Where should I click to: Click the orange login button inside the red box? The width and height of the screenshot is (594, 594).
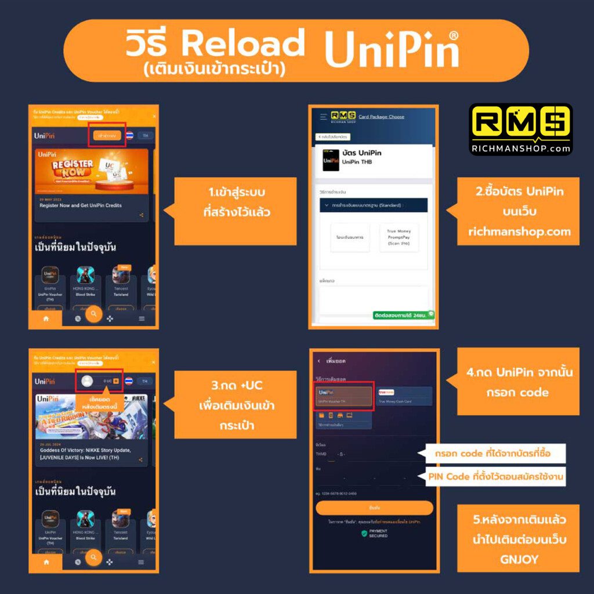click(x=106, y=135)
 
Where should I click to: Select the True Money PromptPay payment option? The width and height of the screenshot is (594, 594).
click(x=399, y=237)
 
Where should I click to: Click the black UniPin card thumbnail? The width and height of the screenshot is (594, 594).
click(x=331, y=160)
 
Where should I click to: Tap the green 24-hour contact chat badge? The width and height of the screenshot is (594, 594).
click(x=404, y=315)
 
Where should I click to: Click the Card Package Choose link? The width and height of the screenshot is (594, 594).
click(x=381, y=117)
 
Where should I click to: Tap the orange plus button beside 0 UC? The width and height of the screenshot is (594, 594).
click(x=116, y=381)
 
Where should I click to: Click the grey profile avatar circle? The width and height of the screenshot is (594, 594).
click(x=88, y=381)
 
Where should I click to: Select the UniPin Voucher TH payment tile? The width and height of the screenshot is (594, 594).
click(x=343, y=396)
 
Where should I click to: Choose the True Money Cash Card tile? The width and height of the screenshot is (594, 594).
click(x=404, y=396)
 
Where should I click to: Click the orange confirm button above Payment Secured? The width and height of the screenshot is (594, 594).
click(x=374, y=508)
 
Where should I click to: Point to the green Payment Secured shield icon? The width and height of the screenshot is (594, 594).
click(x=364, y=533)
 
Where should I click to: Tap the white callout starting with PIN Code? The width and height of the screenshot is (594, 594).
click(x=495, y=477)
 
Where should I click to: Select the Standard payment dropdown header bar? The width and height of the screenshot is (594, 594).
click(x=374, y=205)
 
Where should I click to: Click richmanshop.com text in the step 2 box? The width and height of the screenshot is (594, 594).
click(x=519, y=231)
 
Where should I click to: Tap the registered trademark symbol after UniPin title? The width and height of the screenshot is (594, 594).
click(x=453, y=35)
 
